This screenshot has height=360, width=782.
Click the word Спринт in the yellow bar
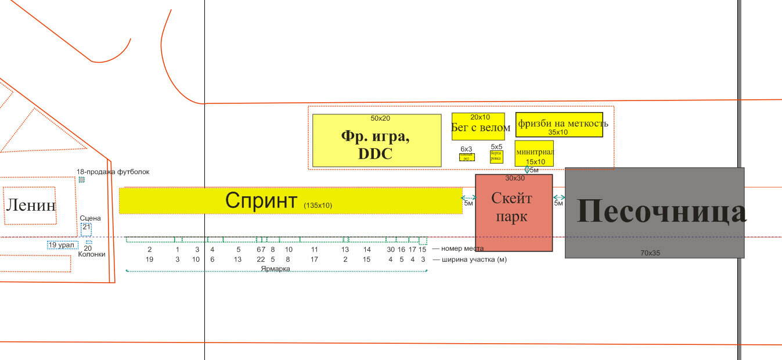(261, 200)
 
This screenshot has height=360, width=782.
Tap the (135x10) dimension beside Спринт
(318, 205)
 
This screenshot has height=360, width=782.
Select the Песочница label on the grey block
(661, 211)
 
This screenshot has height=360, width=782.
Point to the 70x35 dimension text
(650, 253)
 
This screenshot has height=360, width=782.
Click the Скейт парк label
(511, 207)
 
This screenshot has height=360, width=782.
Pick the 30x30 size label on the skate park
(515, 178)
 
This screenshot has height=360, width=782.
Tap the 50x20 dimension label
(380, 118)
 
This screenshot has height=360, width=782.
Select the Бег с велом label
(481, 128)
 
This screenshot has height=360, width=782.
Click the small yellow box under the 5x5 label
(496, 157)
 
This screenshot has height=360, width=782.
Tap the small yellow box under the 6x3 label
(467, 157)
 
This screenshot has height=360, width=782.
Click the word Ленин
(31, 205)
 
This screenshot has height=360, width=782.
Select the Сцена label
(90, 218)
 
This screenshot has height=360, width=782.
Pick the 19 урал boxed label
(62, 245)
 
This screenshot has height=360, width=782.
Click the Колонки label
(92, 254)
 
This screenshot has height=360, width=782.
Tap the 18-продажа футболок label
(113, 172)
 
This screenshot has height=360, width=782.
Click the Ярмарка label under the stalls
(275, 269)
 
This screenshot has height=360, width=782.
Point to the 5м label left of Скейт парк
(469, 203)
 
